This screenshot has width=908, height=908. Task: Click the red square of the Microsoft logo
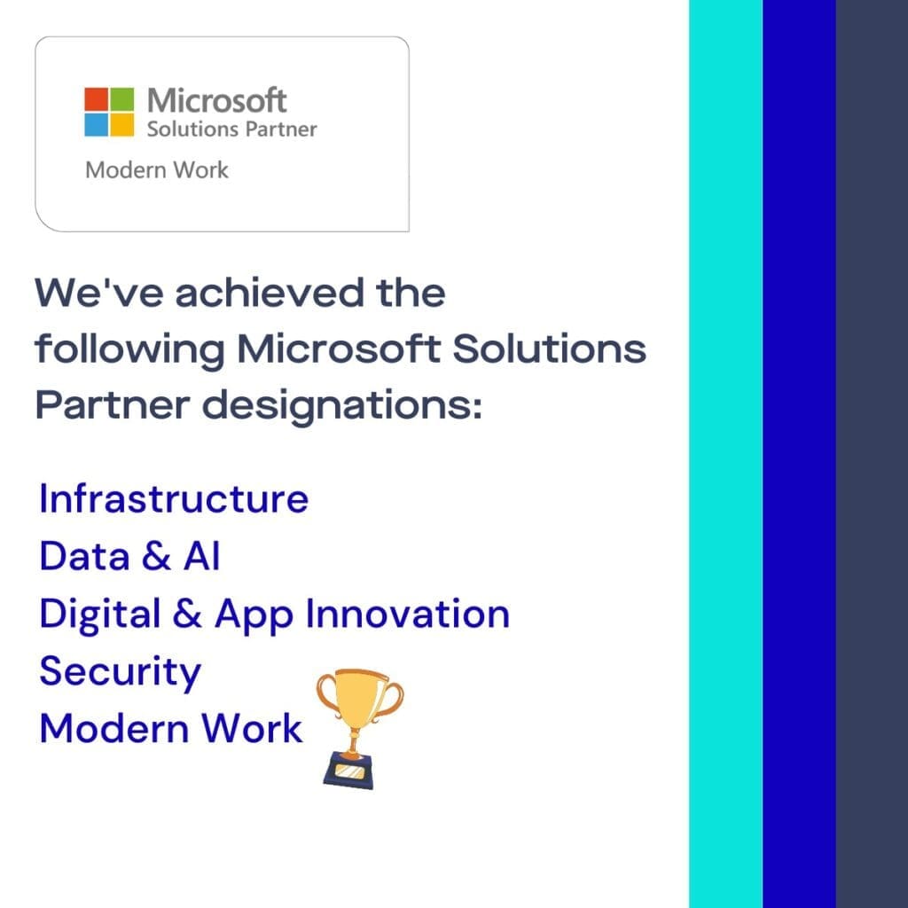pos(97,98)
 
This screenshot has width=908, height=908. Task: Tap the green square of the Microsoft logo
pos(122,98)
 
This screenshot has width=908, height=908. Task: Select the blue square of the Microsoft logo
pos(97,124)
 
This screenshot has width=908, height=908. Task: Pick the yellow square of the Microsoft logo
pos(122,124)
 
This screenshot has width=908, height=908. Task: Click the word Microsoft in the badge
pos(217,100)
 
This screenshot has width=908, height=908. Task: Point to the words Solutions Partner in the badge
pos(231,129)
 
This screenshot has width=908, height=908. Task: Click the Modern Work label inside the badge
pos(157,169)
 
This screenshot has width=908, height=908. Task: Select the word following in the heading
pos(129,349)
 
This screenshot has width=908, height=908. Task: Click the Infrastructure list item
pos(174,499)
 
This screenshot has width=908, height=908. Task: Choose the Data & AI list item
pos(129,556)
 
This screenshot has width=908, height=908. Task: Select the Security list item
pos(120,672)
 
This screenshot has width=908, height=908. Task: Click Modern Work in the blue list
pos(171,729)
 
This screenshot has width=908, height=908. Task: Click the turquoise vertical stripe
pos(725,454)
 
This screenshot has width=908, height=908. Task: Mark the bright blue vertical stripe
pos(799,454)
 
